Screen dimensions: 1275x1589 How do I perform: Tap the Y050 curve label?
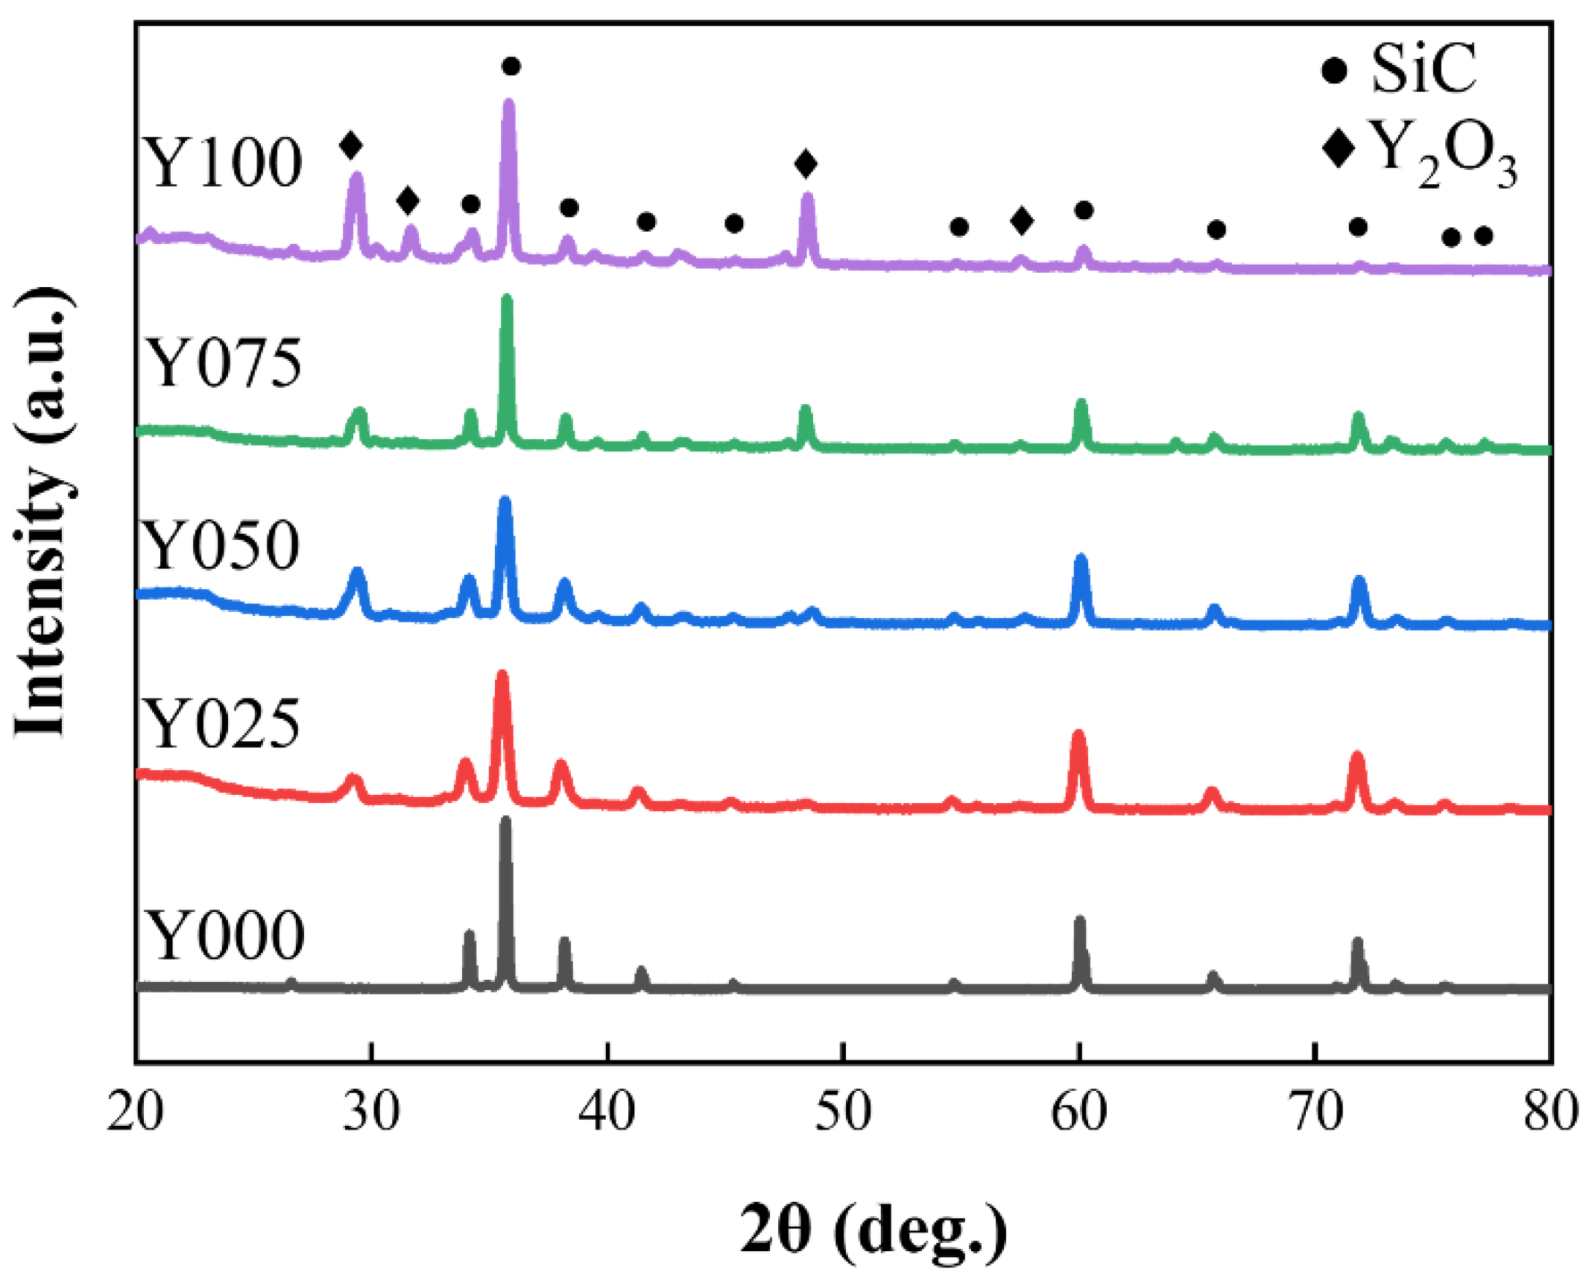(x=220, y=546)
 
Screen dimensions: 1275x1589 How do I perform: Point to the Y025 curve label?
(x=221, y=725)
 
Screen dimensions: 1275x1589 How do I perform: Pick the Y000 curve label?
(x=224, y=936)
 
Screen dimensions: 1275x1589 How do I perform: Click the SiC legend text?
(x=1421, y=69)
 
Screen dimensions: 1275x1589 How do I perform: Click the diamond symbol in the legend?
(x=1338, y=148)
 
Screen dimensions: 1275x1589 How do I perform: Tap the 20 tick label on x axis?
(x=135, y=1114)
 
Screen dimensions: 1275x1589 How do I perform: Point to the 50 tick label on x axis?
(x=842, y=1114)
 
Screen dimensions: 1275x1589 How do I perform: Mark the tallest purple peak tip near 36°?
(x=509, y=103)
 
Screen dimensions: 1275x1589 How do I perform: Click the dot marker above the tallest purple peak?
(x=511, y=66)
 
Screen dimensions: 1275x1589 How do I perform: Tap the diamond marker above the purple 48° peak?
(x=805, y=163)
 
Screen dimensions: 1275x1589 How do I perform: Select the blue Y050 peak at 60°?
(x=1080, y=558)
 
